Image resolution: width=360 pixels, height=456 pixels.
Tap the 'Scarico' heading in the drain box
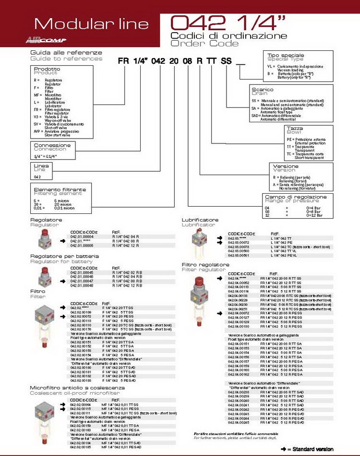tap(263, 90)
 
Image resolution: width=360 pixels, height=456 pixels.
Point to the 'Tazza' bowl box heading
tap(295, 129)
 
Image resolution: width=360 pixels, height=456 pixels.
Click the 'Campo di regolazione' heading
tap(296, 197)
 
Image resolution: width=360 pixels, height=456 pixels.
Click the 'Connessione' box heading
tap(52, 145)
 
